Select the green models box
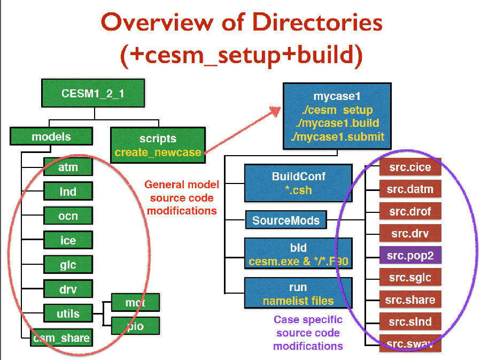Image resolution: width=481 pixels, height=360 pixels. click(x=51, y=136)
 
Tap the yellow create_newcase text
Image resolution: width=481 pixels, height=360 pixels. click(x=158, y=152)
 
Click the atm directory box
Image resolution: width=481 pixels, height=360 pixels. click(x=68, y=167)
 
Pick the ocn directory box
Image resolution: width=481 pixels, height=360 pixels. click(x=68, y=216)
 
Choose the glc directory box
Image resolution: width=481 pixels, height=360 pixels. click(x=68, y=265)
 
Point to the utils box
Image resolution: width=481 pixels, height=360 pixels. click(x=68, y=313)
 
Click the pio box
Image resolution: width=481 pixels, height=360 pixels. click(x=135, y=325)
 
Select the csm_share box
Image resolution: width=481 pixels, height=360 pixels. click(x=60, y=338)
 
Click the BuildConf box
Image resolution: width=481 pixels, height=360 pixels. click(x=298, y=182)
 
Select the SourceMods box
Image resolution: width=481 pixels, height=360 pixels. click(x=286, y=220)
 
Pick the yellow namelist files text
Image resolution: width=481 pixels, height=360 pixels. click(x=298, y=301)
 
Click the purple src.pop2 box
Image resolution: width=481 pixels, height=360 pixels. click(x=410, y=255)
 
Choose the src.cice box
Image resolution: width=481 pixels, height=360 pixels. click(x=410, y=167)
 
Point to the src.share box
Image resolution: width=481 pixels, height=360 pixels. click(x=410, y=300)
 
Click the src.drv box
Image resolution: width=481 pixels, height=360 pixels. click(x=410, y=233)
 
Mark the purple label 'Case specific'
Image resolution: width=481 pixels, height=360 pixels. click(x=308, y=320)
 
